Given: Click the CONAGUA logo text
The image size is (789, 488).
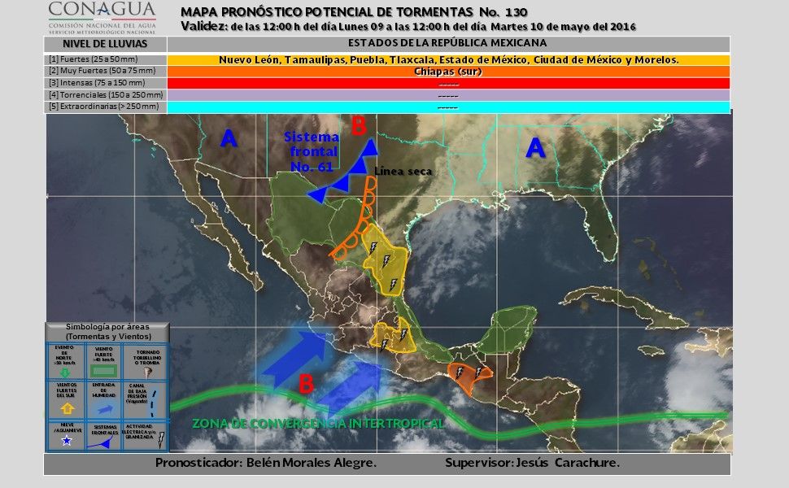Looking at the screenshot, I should point(102,10).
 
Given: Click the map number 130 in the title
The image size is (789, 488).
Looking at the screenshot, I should point(513,12).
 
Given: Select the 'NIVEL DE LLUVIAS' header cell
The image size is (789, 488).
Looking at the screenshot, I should point(105,43).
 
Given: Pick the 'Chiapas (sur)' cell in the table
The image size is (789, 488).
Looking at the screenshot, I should point(448,72).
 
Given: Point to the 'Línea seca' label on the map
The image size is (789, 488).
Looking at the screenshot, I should point(403,172).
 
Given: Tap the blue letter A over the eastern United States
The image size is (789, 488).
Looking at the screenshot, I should point(534,147).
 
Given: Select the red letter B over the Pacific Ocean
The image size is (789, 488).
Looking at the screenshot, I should point(306,383).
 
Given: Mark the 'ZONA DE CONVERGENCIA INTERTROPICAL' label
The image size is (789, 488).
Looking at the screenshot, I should point(318,424).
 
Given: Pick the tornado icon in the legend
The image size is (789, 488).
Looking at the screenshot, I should point(147,371).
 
